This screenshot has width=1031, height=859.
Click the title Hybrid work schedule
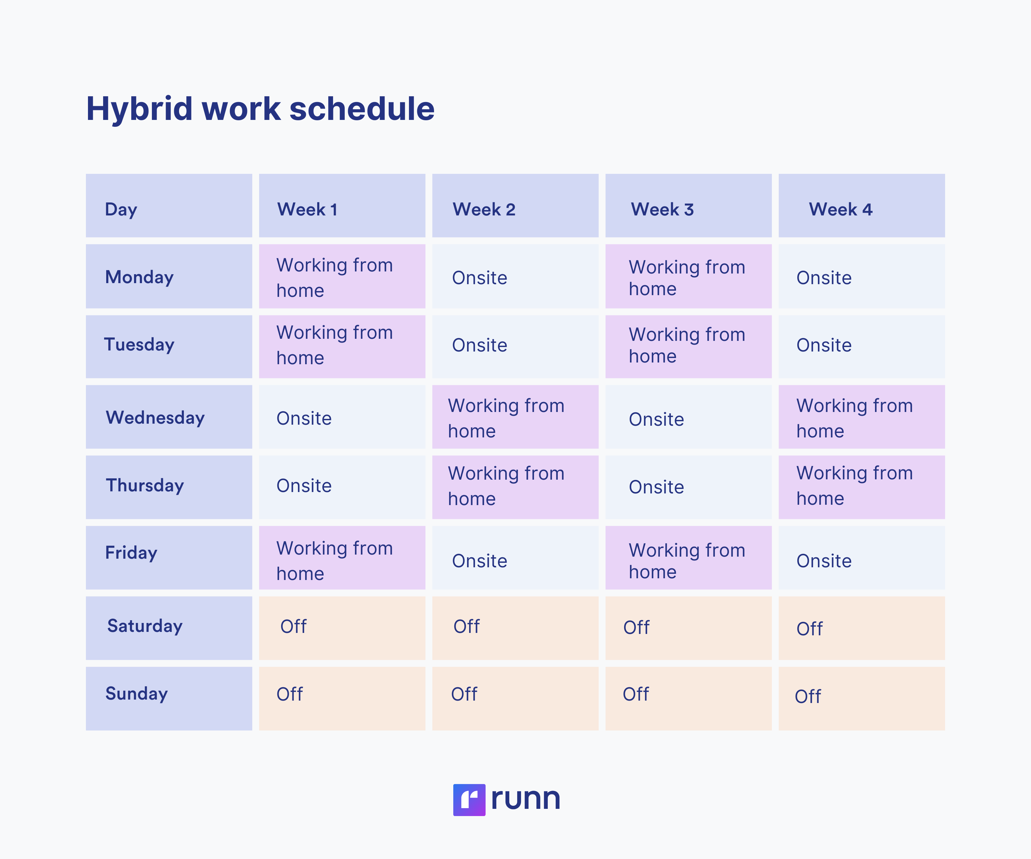pyautogui.click(x=260, y=109)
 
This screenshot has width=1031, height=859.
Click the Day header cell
pyautogui.click(x=169, y=206)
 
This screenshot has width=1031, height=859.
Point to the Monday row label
pyautogui.click(x=169, y=276)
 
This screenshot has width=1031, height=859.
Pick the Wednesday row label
pyautogui.click(x=169, y=417)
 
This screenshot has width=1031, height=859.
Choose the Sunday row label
pyautogui.click(x=169, y=698)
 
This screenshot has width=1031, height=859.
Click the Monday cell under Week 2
pyautogui.click(x=515, y=276)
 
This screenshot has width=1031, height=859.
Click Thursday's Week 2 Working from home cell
pyautogui.click(x=515, y=487)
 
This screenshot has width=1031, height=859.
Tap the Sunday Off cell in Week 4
pyautogui.click(x=861, y=698)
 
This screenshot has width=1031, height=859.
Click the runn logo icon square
pyautogui.click(x=469, y=800)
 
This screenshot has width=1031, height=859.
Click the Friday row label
pyautogui.click(x=169, y=558)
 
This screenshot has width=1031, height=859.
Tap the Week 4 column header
pyautogui.click(x=861, y=206)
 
